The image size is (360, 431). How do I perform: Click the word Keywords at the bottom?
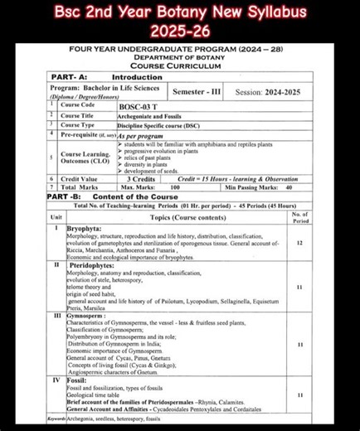(60, 419)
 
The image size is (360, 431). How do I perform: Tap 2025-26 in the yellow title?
(179, 31)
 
